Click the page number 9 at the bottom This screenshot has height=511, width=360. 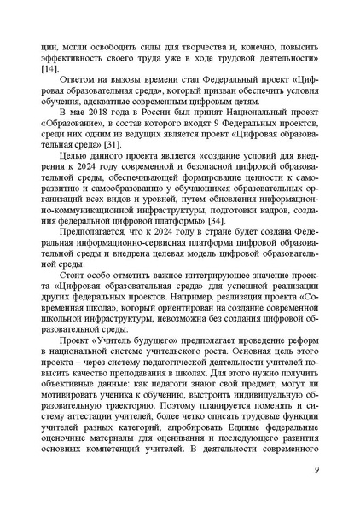tap(316, 467)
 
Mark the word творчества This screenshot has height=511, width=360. tap(199, 43)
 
